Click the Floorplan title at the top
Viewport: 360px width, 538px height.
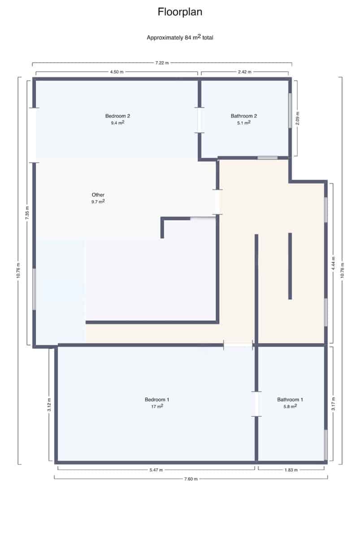[x=180, y=12]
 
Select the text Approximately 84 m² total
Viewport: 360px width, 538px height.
[x=180, y=38]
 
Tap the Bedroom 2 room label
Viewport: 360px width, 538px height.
[x=117, y=116]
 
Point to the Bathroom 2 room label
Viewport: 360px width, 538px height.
[x=243, y=116]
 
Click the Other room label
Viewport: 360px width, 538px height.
[x=98, y=195]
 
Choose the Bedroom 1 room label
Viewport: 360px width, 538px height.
[x=156, y=399]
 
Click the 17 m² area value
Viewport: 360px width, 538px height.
[x=156, y=407]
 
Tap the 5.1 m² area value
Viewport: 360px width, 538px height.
[x=243, y=122]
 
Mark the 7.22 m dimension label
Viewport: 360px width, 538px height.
[x=162, y=63]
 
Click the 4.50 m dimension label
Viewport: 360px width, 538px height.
[x=117, y=72]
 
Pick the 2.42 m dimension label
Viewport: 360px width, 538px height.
[x=244, y=72]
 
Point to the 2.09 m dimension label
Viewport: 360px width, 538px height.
[x=298, y=119]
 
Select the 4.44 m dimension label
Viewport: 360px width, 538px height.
[x=332, y=263]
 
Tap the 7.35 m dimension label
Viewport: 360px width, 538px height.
[x=27, y=211]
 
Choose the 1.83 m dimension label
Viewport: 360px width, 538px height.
[x=291, y=470]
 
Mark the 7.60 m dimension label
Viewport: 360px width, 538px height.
[x=190, y=479]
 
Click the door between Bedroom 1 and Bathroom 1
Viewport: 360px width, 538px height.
[x=256, y=404]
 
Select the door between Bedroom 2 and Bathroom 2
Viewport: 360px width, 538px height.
[x=200, y=120]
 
